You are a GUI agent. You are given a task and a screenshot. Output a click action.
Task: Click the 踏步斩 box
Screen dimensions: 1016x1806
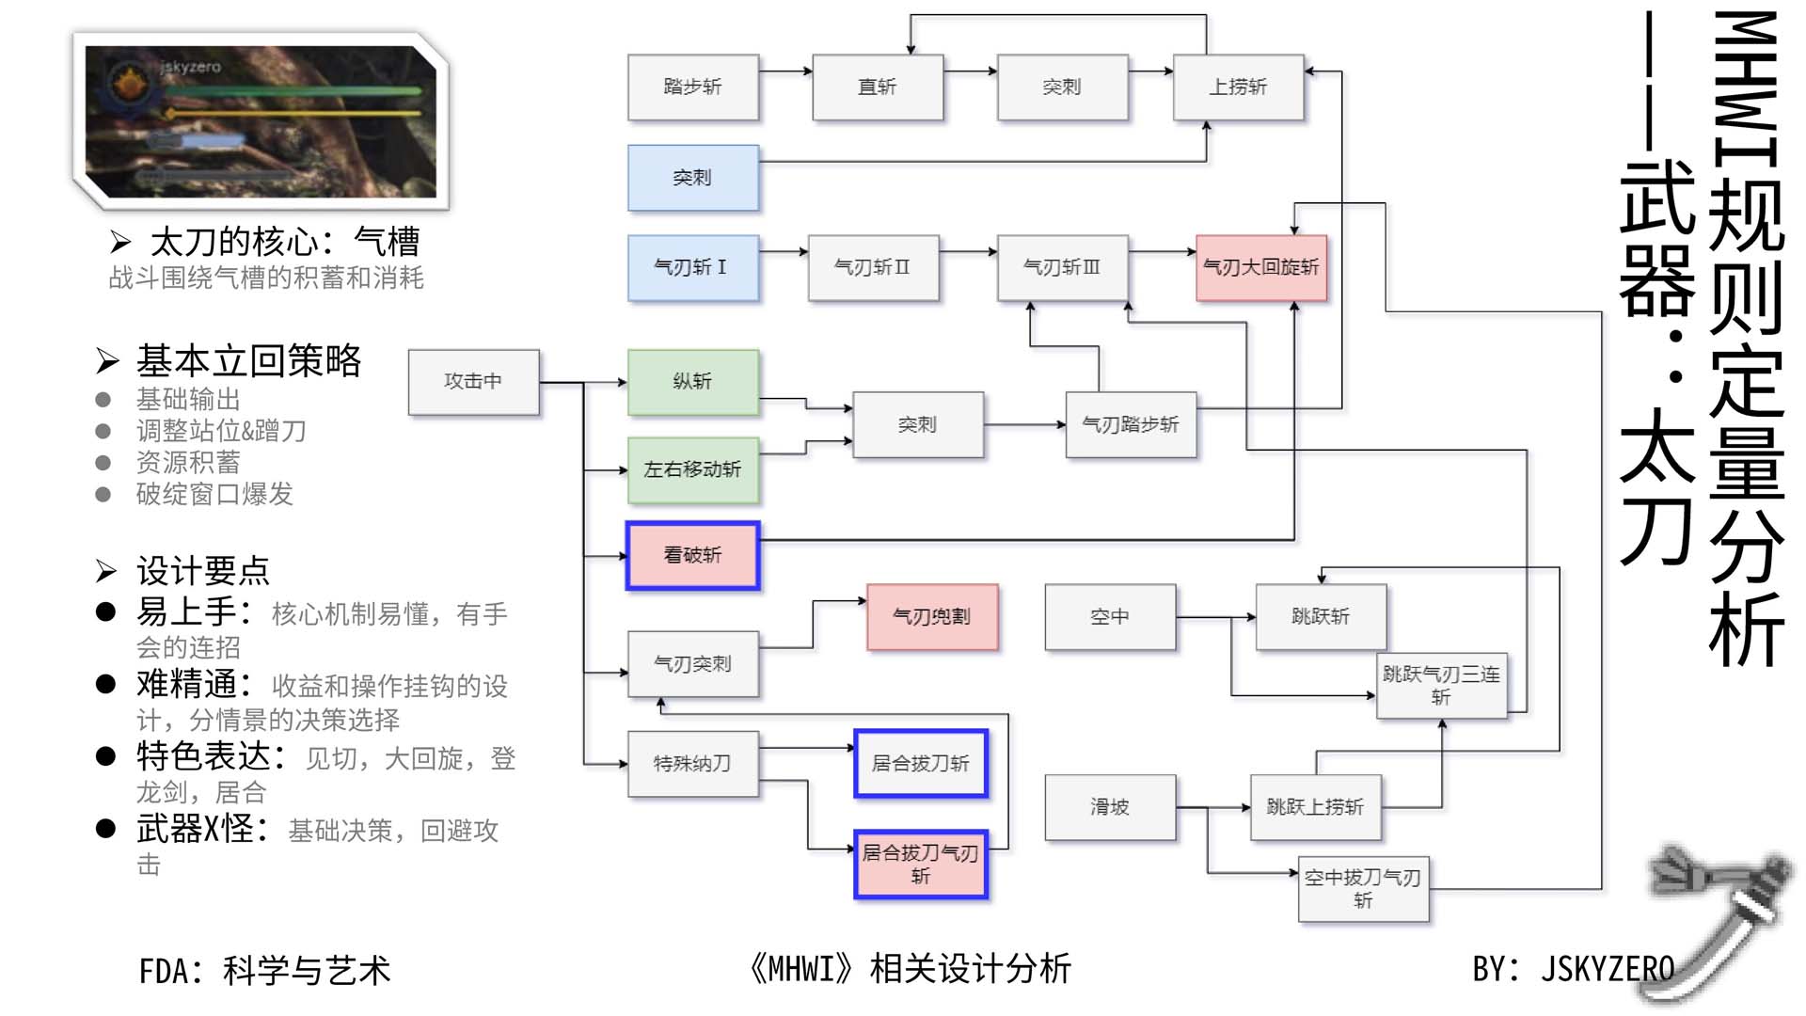[x=692, y=87]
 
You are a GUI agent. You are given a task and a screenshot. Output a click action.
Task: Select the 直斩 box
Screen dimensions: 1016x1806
[x=877, y=87]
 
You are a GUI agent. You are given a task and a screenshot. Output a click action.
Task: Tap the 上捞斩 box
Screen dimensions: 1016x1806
[x=1238, y=87]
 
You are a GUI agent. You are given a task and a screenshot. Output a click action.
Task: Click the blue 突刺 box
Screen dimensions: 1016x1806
[x=692, y=177]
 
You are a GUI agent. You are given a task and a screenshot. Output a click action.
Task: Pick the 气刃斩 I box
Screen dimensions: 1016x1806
[x=692, y=267]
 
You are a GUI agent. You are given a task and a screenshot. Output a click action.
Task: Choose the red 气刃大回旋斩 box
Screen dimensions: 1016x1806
[x=1260, y=267]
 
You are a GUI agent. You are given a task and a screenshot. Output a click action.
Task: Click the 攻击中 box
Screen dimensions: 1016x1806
[x=473, y=381]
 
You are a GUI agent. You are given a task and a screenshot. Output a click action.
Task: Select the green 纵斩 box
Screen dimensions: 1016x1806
[x=692, y=381]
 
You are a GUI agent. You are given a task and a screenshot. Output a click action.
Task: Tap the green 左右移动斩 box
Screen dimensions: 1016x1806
[x=692, y=468]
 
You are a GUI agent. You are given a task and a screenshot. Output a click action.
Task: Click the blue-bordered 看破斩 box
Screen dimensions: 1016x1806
[x=692, y=555]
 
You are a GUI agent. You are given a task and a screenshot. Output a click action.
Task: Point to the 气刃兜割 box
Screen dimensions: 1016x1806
[x=931, y=616]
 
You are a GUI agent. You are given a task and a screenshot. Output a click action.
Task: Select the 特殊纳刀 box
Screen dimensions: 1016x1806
[x=692, y=763]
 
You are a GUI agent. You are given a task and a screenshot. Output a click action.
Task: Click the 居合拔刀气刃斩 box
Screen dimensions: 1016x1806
[x=920, y=864]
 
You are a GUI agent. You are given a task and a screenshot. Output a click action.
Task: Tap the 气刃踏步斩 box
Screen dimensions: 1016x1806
[x=1130, y=424]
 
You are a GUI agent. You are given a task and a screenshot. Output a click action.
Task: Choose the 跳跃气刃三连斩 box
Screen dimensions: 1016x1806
[x=1441, y=685]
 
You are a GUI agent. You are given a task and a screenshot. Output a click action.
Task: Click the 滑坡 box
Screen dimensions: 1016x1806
[x=1110, y=806]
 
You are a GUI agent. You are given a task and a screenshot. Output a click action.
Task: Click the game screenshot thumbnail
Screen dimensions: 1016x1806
[x=261, y=120]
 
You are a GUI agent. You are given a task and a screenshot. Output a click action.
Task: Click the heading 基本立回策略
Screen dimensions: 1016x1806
[x=248, y=361]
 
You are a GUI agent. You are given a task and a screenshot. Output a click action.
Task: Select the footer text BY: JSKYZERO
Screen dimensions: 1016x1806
[x=1573, y=969]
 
